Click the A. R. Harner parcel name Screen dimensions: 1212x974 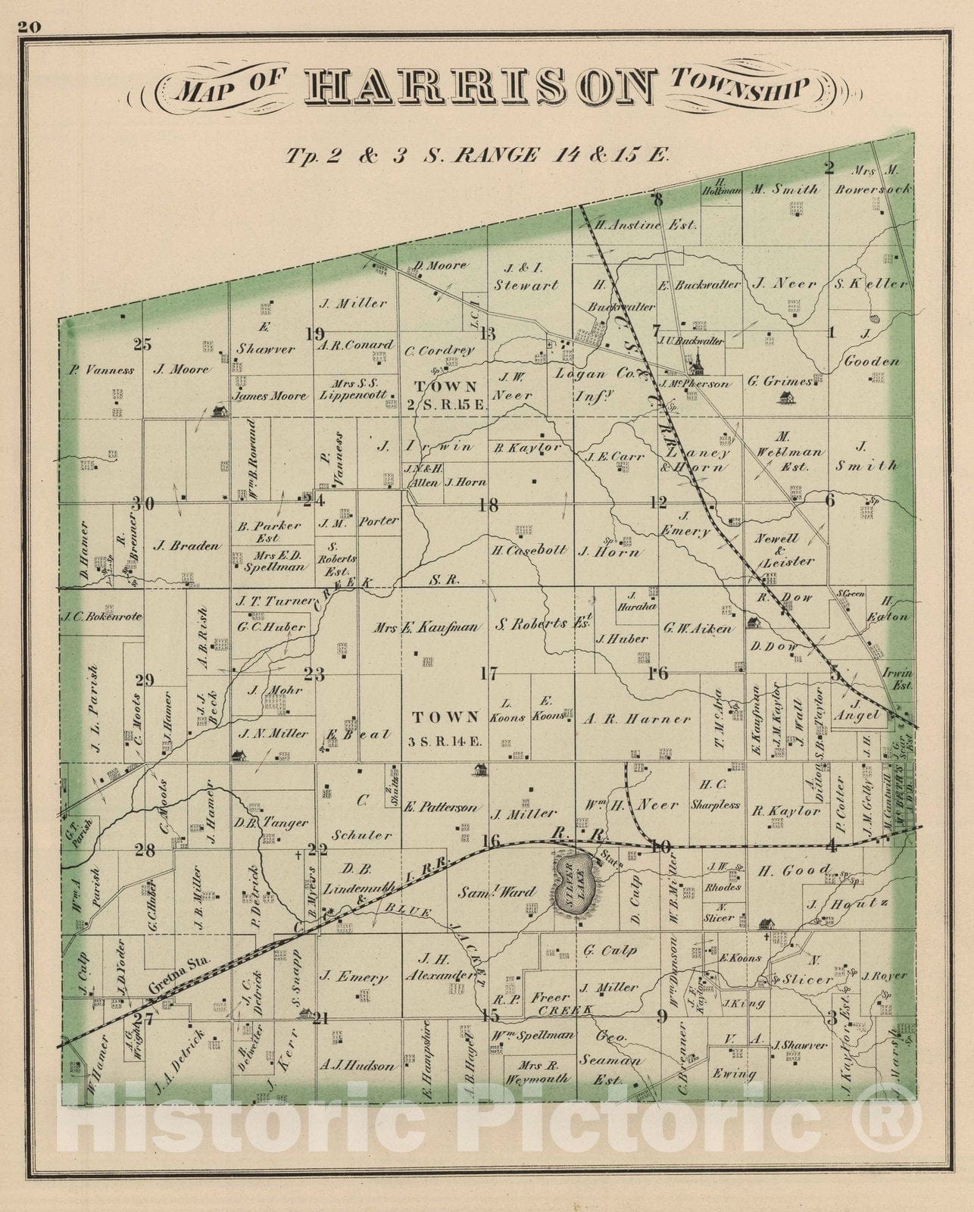coord(637,719)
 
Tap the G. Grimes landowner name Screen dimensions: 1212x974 coord(780,382)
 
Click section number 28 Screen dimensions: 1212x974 coord(145,851)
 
